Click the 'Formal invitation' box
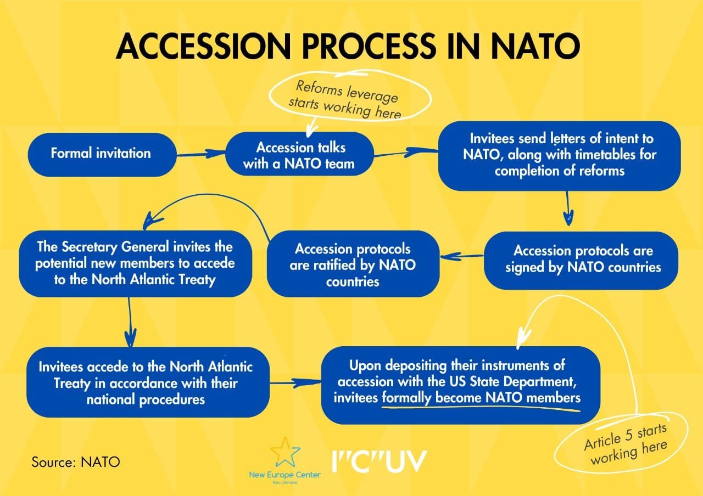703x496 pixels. coord(101,153)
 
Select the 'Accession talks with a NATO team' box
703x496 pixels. coord(300,155)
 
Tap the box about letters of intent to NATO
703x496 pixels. coord(559,155)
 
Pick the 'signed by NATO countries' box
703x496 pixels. coord(583,260)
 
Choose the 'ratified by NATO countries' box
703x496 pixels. coord(353,264)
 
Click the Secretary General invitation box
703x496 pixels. coord(135,264)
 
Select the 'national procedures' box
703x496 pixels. coord(146,382)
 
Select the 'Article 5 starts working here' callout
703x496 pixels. coord(624,444)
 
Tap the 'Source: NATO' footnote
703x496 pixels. coord(76,461)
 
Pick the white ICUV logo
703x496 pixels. coord(379,461)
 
